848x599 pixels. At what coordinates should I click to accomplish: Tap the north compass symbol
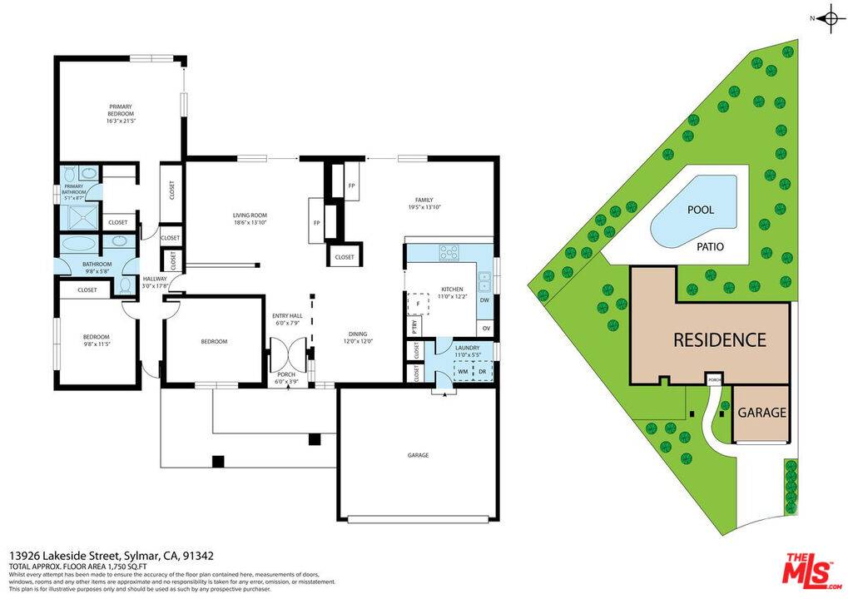[830, 18]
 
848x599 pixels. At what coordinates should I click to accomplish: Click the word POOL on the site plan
[700, 210]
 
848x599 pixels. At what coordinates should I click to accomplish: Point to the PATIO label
[710, 246]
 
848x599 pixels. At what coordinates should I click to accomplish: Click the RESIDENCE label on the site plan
[719, 339]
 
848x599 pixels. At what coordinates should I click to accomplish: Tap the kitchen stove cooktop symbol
[449, 251]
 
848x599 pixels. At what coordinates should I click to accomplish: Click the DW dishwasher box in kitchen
[484, 300]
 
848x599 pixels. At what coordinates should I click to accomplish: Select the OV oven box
[484, 327]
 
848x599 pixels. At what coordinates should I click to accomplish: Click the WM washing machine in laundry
[463, 371]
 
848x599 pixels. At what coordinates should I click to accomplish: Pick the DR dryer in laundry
[480, 371]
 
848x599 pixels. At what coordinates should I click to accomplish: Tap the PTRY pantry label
[414, 327]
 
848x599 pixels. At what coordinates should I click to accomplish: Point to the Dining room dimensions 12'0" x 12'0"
[360, 341]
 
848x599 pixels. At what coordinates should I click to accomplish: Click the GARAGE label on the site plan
[761, 412]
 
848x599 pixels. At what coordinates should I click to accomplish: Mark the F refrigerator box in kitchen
[418, 304]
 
